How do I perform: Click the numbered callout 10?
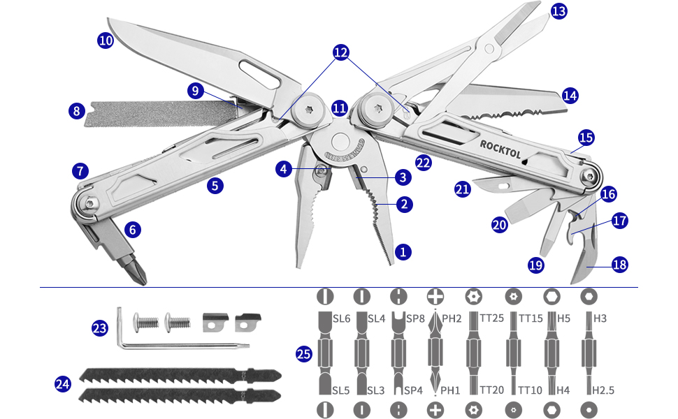tap(106, 41)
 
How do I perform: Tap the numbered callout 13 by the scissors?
tap(559, 11)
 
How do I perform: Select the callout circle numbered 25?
tap(303, 355)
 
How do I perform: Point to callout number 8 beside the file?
tap(77, 110)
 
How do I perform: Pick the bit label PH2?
tap(452, 318)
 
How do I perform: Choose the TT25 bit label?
tap(493, 318)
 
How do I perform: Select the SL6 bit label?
tap(341, 318)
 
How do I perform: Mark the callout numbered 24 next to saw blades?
tap(63, 383)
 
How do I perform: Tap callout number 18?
tap(619, 265)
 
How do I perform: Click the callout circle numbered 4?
tap(283, 168)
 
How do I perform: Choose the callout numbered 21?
tap(462, 189)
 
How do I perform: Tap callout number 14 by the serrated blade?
tap(570, 94)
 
